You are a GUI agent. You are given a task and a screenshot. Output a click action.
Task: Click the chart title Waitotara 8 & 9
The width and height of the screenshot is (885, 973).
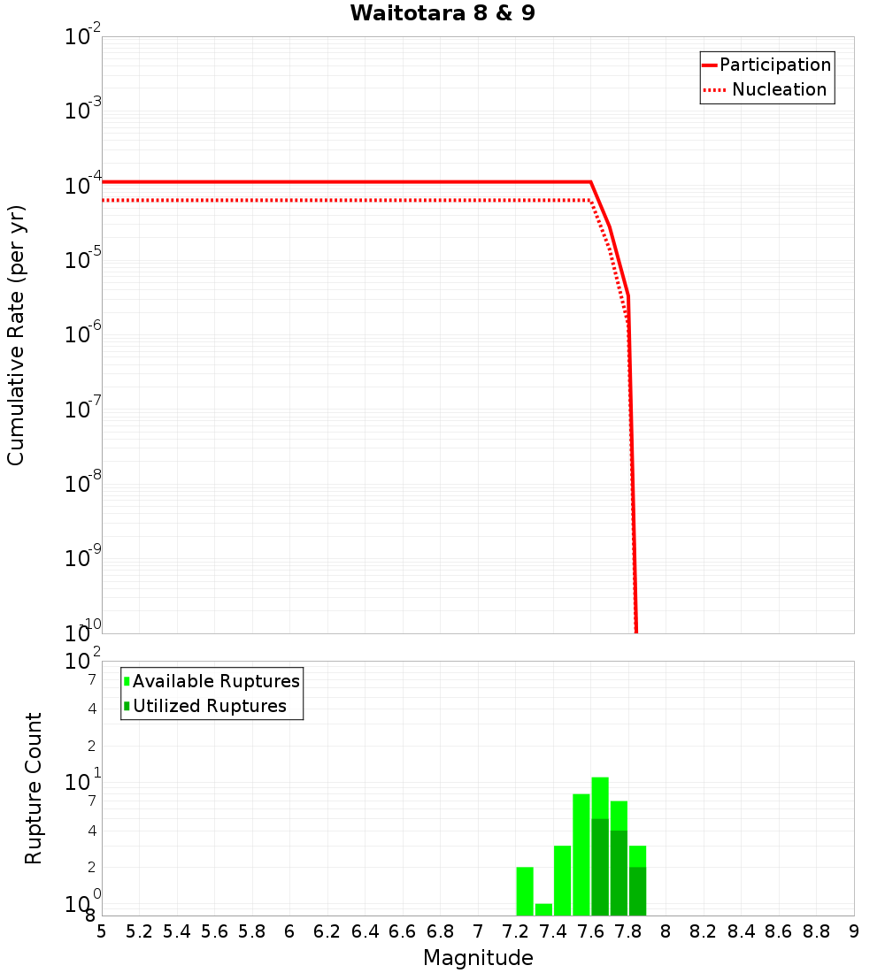pyautogui.click(x=442, y=13)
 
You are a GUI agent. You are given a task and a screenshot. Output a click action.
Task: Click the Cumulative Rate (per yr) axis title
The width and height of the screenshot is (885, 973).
pyautogui.click(x=16, y=334)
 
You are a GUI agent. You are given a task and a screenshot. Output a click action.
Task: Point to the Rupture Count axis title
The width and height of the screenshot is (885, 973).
pyautogui.click(x=34, y=787)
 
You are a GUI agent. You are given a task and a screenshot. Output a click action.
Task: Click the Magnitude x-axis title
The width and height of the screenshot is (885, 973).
pyautogui.click(x=478, y=958)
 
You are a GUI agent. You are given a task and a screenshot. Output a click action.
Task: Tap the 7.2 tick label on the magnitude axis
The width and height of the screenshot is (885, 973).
pyautogui.click(x=516, y=931)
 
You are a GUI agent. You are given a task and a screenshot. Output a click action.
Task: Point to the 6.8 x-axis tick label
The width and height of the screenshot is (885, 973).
pyautogui.click(x=441, y=931)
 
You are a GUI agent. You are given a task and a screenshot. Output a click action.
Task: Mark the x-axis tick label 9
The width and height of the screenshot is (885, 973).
pyautogui.click(x=854, y=931)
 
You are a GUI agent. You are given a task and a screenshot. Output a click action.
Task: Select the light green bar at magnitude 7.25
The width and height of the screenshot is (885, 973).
pyautogui.click(x=525, y=891)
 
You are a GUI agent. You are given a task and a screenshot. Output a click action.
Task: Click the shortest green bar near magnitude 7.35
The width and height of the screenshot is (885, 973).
pyautogui.click(x=543, y=909)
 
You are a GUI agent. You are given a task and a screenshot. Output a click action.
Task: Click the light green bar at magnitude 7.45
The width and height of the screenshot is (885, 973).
pyautogui.click(x=562, y=880)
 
